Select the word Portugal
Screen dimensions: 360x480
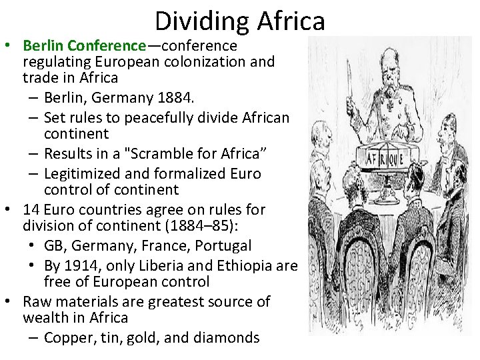223,245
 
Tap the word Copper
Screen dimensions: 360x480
67,337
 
